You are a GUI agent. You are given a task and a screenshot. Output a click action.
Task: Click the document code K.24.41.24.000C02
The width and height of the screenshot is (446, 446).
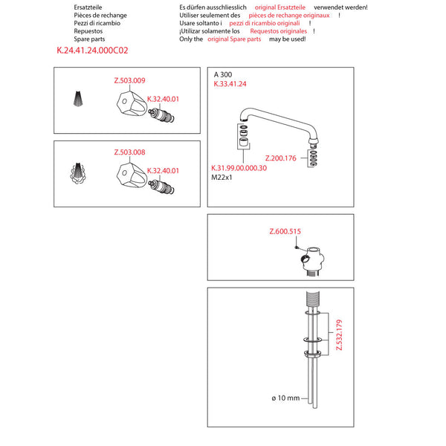[92, 52]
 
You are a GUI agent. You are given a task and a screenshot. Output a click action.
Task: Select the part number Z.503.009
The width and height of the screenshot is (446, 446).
[129, 80]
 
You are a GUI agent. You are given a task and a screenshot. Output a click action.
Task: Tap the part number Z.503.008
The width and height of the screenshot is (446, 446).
[129, 152]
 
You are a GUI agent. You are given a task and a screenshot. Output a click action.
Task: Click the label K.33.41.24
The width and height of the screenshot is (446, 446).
[230, 85]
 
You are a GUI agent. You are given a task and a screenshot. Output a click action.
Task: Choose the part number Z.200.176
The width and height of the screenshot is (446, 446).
[280, 158]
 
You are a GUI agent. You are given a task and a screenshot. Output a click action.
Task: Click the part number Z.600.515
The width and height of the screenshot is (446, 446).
[284, 232]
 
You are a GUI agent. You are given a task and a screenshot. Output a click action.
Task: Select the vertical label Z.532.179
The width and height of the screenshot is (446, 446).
[338, 336]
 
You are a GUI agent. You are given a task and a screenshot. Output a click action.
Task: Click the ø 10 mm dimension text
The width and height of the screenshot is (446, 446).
[285, 398]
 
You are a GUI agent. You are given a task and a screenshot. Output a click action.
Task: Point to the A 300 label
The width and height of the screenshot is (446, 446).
[223, 75]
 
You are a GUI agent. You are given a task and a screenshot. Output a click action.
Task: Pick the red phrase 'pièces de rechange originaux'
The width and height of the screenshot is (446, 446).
[288, 15]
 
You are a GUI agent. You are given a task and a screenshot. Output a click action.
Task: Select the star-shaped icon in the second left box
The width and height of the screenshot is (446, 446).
[80, 173]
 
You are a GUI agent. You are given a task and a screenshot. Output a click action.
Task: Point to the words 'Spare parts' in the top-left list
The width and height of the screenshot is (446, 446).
[88, 39]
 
